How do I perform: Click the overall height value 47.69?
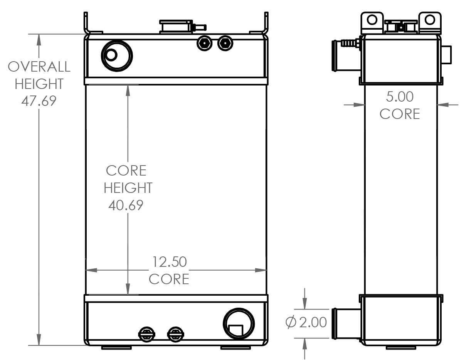point(39,100)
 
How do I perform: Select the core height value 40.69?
point(126,205)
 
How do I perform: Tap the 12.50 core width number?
point(169,262)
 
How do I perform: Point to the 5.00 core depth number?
point(400,97)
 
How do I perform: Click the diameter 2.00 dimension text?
point(306,322)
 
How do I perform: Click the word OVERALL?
point(39,67)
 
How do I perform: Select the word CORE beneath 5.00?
point(400,114)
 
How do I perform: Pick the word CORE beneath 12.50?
point(169,279)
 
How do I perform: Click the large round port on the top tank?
point(116,56)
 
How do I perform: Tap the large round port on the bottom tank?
point(239,323)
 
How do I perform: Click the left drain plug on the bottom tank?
point(146,334)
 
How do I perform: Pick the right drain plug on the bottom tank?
point(175,334)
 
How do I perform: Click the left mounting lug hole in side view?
point(372,19)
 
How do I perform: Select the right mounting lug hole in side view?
point(430,19)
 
